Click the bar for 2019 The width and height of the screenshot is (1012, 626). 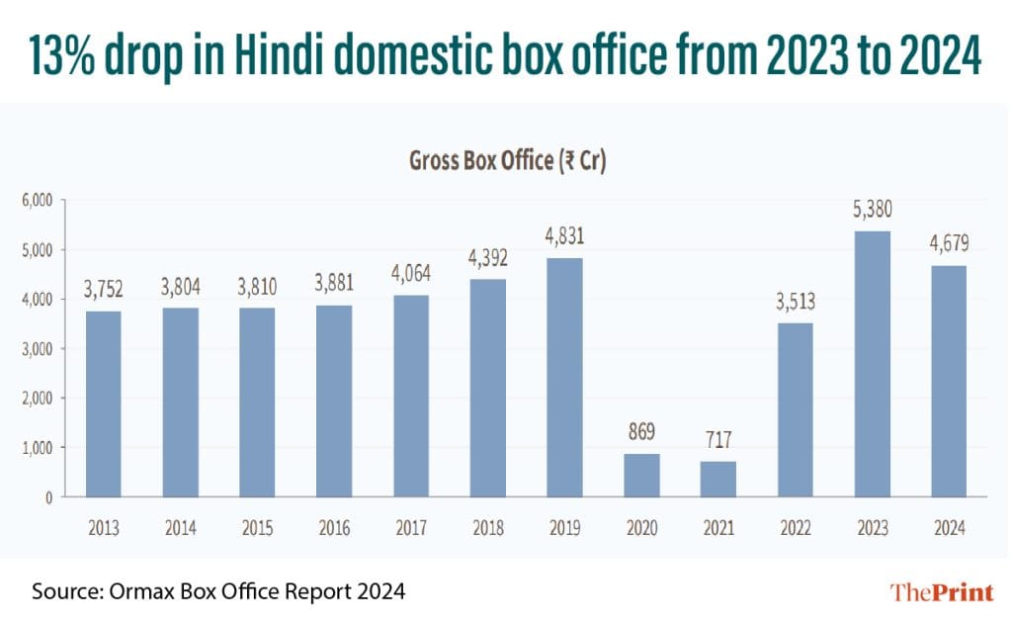(564, 378)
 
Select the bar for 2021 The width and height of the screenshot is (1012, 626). (717, 479)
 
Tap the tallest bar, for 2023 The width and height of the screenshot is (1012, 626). (871, 364)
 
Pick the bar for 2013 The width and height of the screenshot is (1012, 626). (104, 403)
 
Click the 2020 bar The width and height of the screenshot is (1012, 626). (640, 475)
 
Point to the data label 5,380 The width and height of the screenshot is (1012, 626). (871, 211)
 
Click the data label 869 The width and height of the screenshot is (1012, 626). (640, 433)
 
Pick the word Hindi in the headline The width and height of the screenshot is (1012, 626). (315, 57)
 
